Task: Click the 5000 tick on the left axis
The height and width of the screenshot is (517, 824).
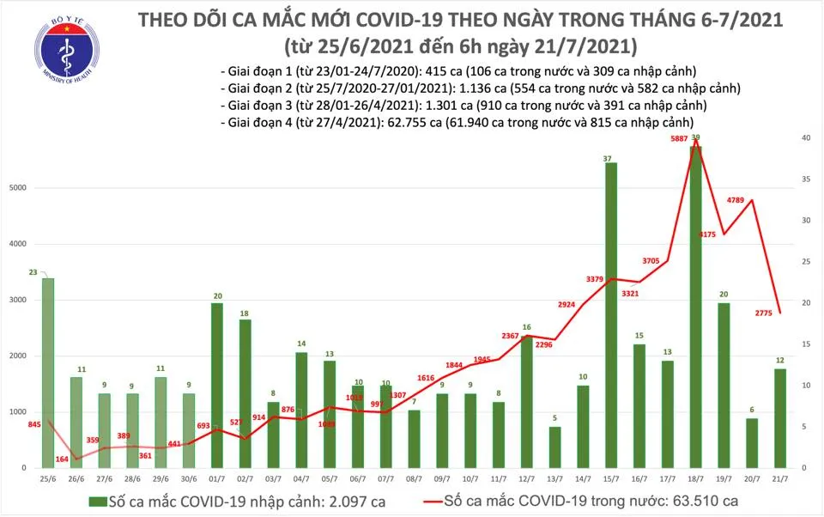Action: coord(16,188)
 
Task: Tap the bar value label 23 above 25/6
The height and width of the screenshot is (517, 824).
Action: coord(33,271)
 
